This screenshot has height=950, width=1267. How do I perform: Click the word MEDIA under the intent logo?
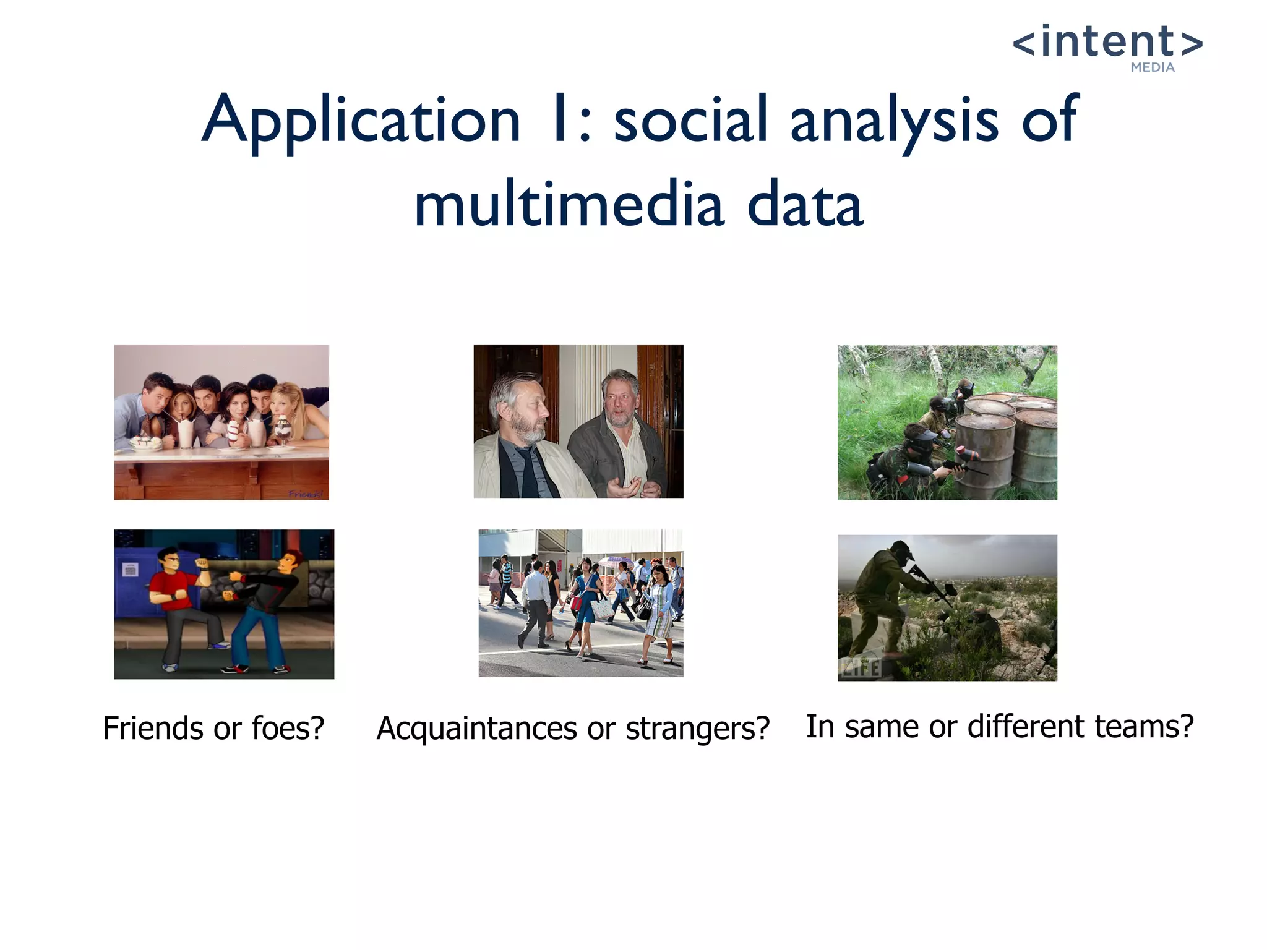[1152, 67]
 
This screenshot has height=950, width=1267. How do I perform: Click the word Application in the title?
[361, 119]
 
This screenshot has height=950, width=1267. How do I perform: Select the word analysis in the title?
[894, 119]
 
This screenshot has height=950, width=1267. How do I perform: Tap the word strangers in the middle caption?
[697, 728]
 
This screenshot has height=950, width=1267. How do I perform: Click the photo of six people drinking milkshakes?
[221, 422]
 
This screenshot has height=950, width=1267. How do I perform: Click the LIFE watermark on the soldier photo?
[860, 668]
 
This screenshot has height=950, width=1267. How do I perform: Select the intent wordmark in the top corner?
[1107, 42]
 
